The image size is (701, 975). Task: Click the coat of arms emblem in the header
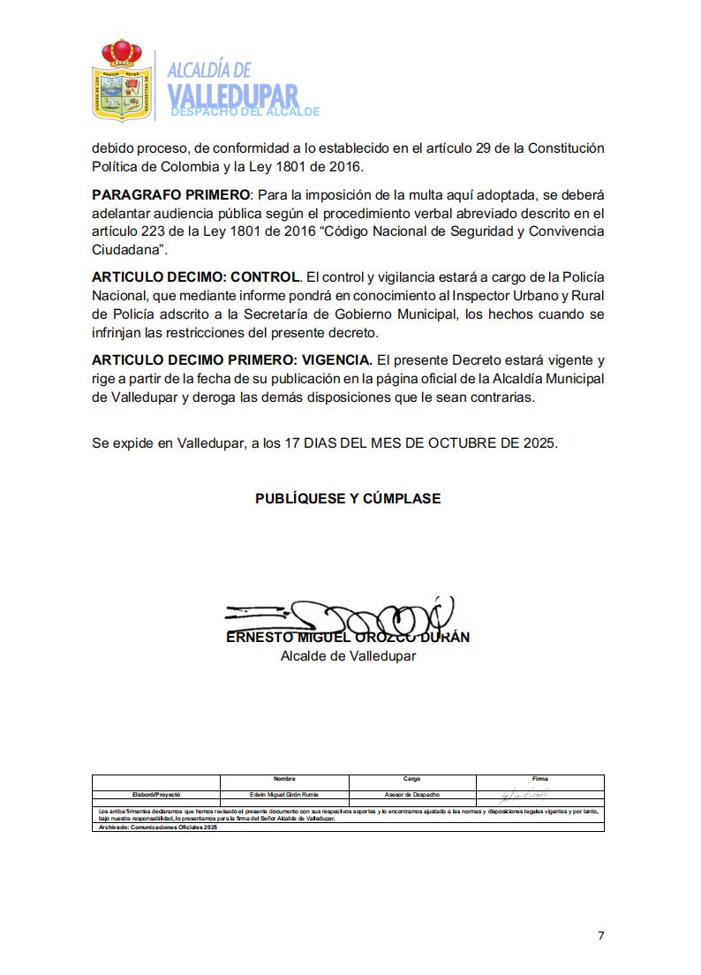coord(121,80)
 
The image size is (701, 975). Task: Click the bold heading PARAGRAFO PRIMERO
coord(171,194)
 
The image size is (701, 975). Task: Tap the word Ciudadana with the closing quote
coord(130,250)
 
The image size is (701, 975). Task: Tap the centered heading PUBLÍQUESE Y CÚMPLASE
coord(348,499)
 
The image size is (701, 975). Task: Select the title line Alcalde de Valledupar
coord(348,656)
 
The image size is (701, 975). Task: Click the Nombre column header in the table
coord(284,779)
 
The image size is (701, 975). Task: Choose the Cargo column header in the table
coord(412,779)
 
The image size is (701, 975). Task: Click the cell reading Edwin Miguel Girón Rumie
coord(284,795)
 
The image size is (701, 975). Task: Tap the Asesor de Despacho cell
coord(412,795)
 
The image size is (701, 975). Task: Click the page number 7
coord(600,936)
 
